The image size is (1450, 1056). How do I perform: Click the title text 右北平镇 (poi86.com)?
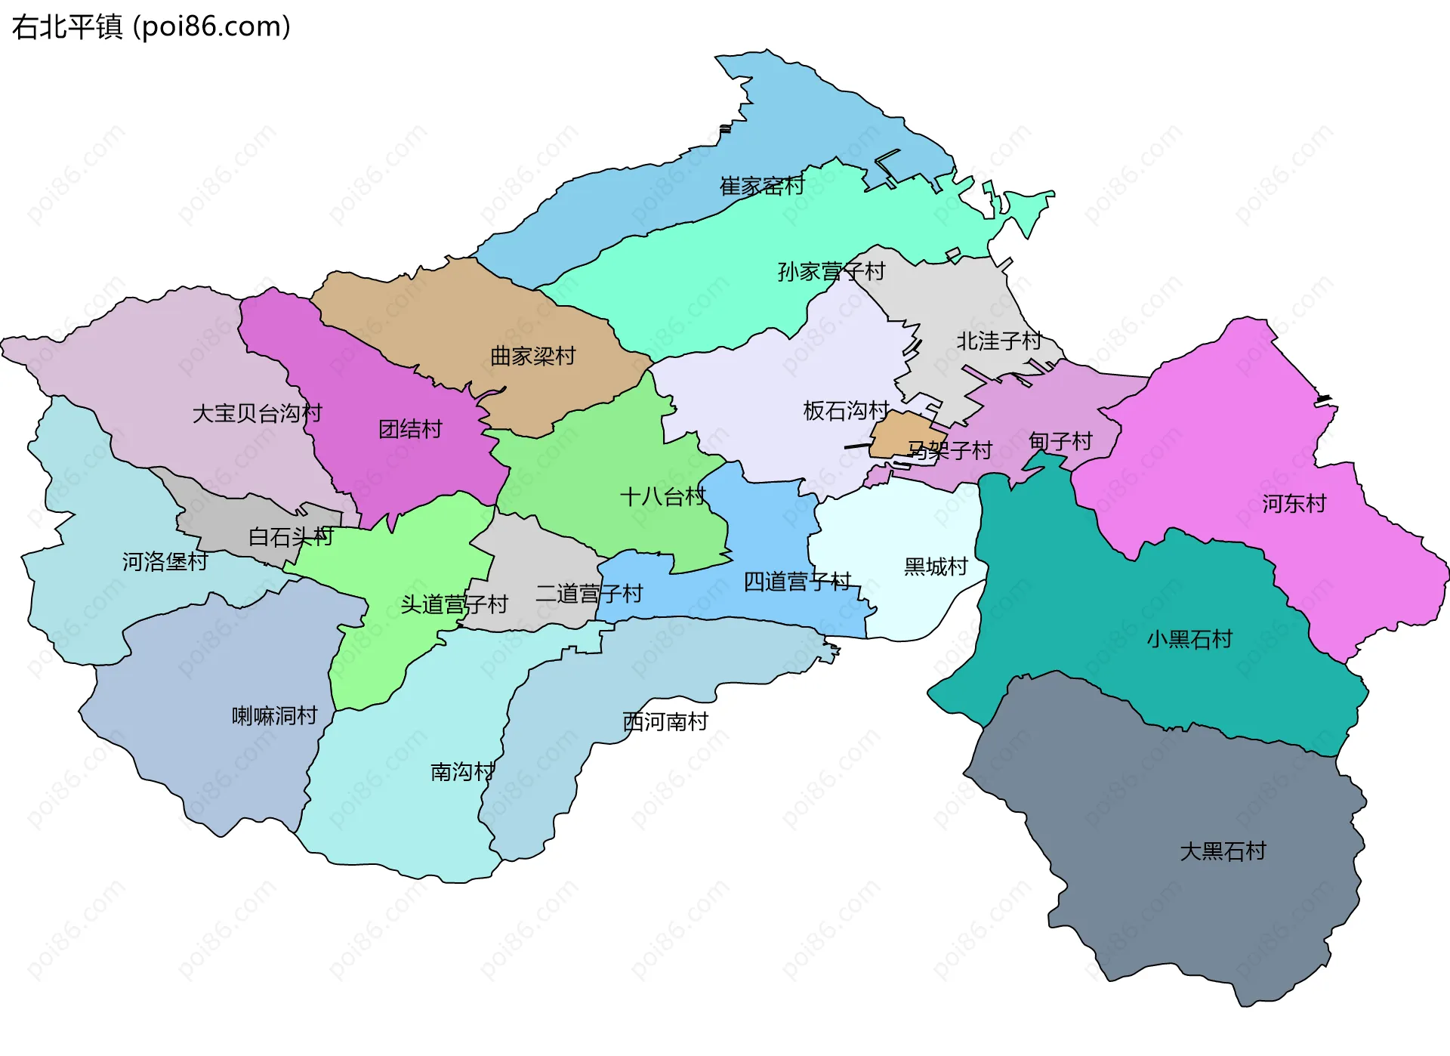(151, 27)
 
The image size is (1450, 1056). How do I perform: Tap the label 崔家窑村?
(762, 186)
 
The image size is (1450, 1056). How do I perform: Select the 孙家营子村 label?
(831, 271)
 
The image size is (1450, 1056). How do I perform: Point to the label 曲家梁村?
(532, 356)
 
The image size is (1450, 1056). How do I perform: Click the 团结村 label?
(410, 429)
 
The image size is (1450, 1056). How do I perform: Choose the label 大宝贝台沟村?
(257, 413)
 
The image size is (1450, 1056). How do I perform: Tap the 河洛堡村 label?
(165, 561)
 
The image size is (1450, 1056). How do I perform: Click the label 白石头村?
(291, 537)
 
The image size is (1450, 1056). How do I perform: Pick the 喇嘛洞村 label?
(274, 715)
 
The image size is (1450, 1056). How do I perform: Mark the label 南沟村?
(462, 771)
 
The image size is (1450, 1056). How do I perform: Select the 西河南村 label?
(665, 721)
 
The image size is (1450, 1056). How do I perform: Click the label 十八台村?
(662, 496)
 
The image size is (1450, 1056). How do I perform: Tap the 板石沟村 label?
(846, 410)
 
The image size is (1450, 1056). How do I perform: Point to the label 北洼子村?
(999, 341)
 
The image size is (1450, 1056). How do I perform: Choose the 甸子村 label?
(1060, 441)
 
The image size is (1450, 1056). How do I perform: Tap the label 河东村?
(1294, 503)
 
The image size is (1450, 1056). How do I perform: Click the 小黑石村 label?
(1189, 639)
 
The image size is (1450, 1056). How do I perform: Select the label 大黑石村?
(1223, 851)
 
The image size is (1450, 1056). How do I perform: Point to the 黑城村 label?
(936, 566)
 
